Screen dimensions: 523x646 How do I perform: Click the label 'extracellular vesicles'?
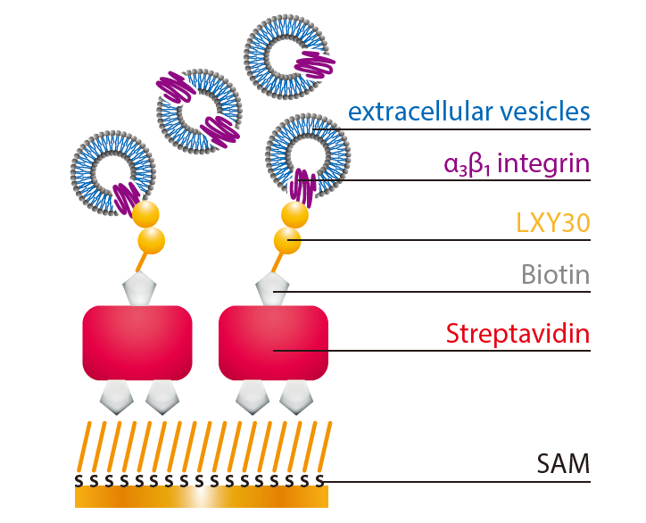pyautogui.click(x=469, y=112)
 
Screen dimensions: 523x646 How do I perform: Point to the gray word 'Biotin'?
pyautogui.click(x=556, y=275)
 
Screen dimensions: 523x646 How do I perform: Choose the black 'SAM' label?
pyautogui.click(x=563, y=464)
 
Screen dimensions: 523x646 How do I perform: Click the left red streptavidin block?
pyautogui.click(x=137, y=343)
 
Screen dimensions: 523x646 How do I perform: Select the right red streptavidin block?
pyautogui.click(x=274, y=343)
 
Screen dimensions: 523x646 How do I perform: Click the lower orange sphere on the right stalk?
pyautogui.click(x=287, y=239)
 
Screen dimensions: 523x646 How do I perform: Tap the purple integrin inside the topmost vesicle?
pyautogui.click(x=313, y=64)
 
